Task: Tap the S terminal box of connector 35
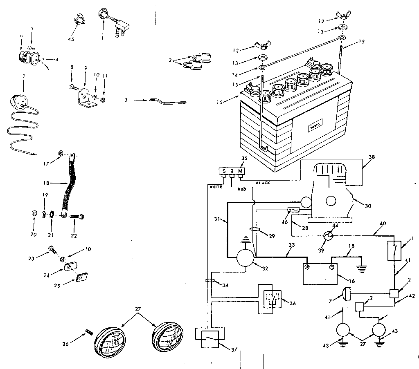pos(223,170)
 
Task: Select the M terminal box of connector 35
pos(241,170)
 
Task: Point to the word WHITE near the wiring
pos(215,186)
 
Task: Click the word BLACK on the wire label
pos(262,183)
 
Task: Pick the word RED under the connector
pos(242,190)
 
